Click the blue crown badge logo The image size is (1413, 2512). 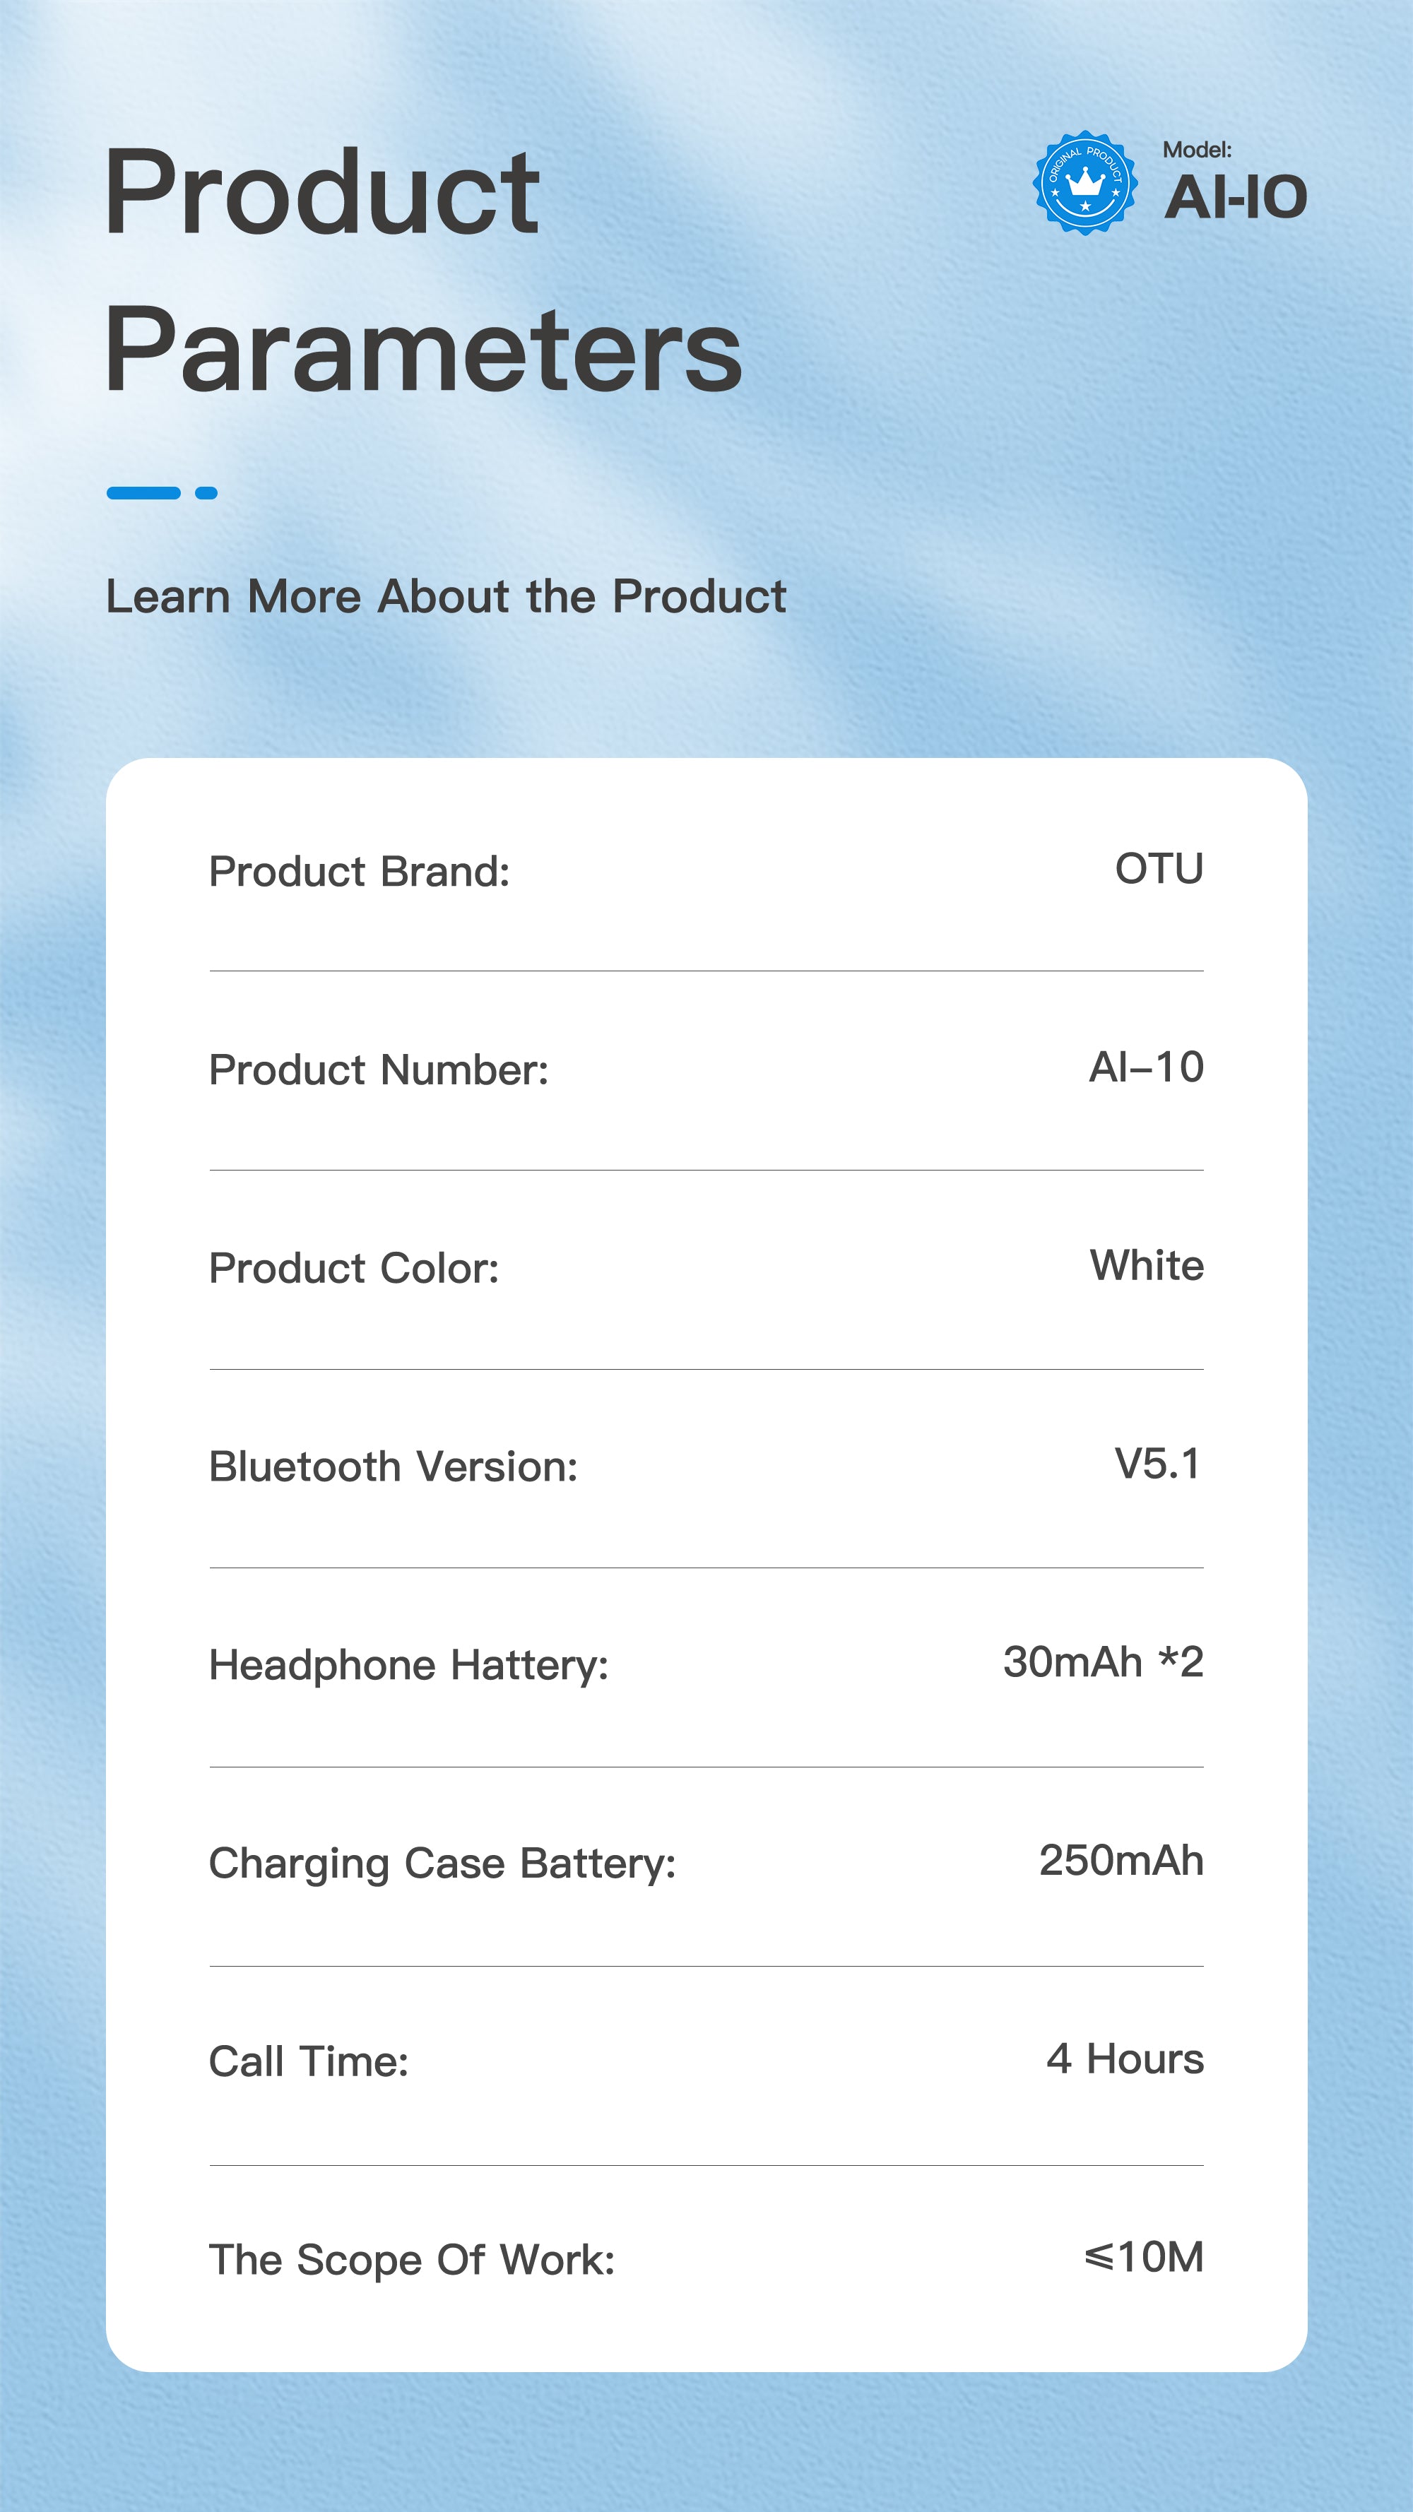pos(1084,182)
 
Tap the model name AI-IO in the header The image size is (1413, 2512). pos(1234,197)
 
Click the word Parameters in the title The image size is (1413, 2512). pos(423,349)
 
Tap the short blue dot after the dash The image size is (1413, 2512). pos(206,492)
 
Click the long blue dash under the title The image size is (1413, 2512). pos(143,492)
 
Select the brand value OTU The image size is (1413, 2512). pos(1159,868)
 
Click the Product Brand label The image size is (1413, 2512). pos(360,871)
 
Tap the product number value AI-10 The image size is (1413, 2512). pos(1146,1067)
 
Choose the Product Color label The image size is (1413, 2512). pos(354,1268)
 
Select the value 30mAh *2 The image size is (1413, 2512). pos(1104,1661)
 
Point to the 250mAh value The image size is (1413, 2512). pos(1121,1861)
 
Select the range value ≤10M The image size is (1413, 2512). pos(1144,2258)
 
